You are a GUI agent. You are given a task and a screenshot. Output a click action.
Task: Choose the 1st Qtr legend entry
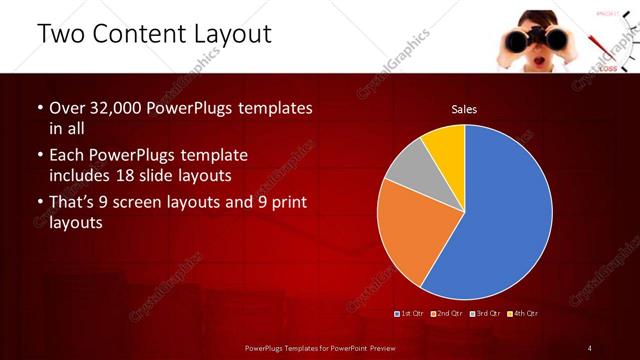tap(411, 314)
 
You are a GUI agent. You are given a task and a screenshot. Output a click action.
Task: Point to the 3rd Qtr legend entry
tap(486, 314)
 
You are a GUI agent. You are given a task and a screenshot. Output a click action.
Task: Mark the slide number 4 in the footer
tap(590, 347)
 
